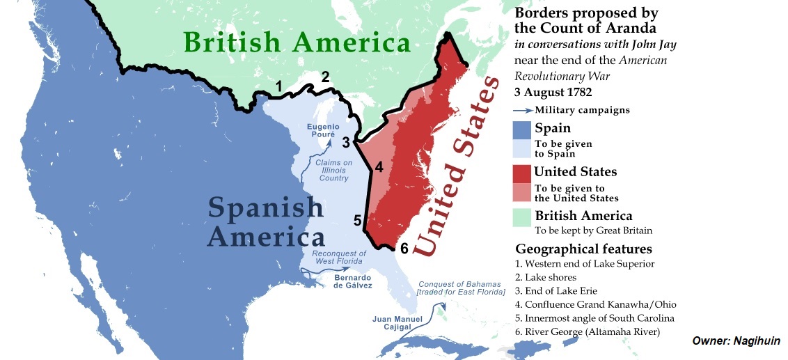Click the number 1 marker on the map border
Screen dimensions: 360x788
278,87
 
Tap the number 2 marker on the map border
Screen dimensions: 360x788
325,77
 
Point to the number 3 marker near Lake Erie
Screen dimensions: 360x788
346,143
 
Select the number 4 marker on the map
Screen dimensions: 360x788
379,167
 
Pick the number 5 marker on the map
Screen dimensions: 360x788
357,221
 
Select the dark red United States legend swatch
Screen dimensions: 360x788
521,171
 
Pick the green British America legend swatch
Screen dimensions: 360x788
521,217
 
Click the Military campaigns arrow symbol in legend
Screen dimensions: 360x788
523,110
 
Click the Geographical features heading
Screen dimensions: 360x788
583,249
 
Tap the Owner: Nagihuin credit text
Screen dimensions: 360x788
736,341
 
